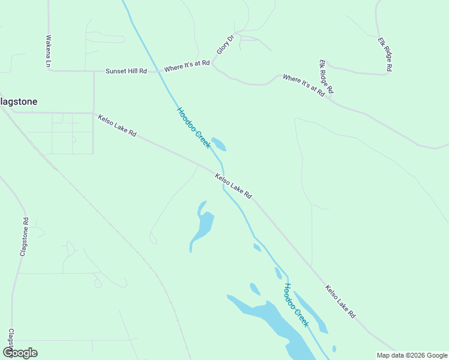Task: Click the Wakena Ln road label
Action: (49, 50)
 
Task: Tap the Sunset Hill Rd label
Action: (126, 71)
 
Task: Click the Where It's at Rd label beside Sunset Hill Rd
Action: (187, 65)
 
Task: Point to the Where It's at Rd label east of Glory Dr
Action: (304, 86)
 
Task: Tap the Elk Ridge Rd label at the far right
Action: (384, 55)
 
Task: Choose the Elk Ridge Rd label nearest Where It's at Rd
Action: (326, 77)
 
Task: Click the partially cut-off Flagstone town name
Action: (19, 102)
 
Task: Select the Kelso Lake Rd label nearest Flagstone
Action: (118, 127)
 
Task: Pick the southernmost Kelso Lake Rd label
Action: (340, 301)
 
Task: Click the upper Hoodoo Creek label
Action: (193, 128)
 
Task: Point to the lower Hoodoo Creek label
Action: (297, 305)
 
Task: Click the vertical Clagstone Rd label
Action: (25, 238)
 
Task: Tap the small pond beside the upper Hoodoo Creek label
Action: (218, 145)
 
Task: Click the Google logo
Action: (20, 352)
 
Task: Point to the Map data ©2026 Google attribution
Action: (412, 355)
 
